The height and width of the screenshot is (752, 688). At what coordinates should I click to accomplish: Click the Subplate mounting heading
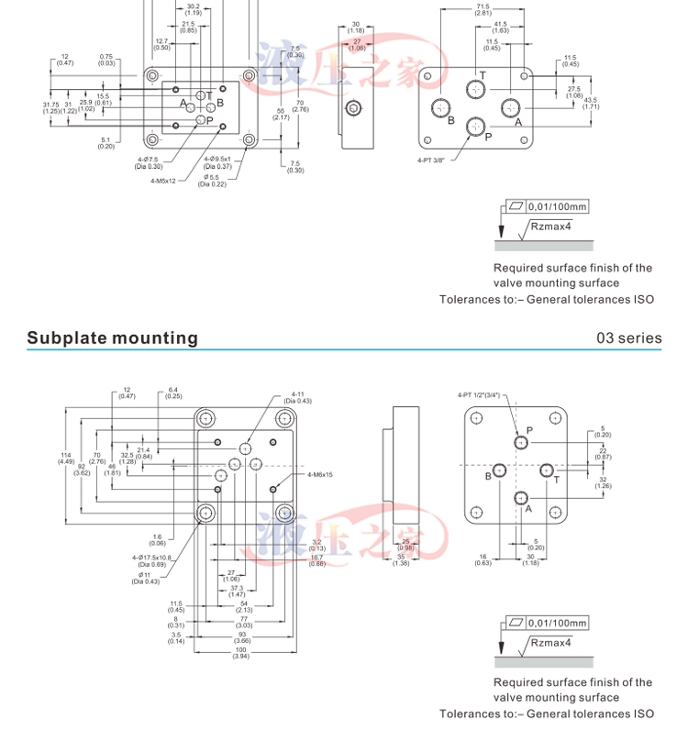tap(112, 337)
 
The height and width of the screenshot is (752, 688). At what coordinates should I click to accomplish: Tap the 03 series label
tap(628, 337)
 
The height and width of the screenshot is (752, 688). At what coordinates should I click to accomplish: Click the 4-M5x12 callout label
tap(163, 181)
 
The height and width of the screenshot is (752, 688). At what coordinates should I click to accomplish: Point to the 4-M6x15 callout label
tap(320, 474)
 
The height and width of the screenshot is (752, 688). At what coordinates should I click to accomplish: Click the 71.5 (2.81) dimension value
tap(483, 10)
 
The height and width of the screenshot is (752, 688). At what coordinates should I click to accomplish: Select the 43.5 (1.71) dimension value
tap(590, 103)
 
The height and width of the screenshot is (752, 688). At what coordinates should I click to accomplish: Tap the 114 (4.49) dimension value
tap(66, 459)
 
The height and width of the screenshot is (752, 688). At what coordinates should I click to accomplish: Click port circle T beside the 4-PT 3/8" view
tap(475, 89)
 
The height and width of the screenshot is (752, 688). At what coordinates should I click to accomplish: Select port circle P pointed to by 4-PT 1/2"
tap(522, 442)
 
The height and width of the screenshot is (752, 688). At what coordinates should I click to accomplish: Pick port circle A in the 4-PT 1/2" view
tap(522, 498)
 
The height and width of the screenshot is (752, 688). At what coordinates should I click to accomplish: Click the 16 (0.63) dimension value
tap(483, 559)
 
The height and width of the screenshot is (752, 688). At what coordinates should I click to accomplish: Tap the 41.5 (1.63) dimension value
tap(500, 28)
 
